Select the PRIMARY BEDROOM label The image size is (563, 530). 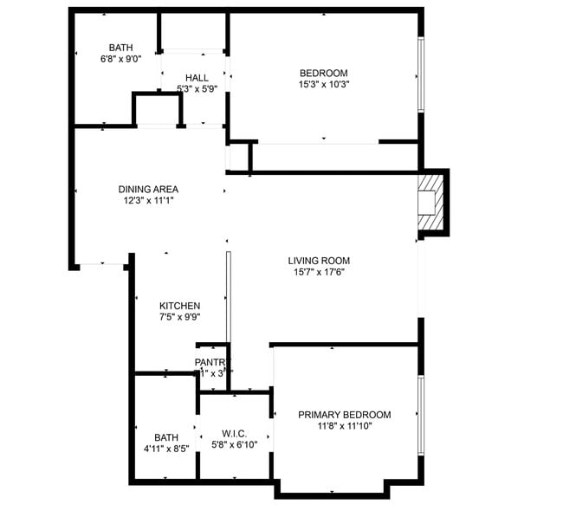click(x=345, y=415)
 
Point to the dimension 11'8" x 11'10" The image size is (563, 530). click(x=345, y=426)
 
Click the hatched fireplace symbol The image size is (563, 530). click(x=430, y=202)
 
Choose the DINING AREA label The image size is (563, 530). click(x=148, y=189)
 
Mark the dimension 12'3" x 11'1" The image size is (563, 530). click(x=148, y=201)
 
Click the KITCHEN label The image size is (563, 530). click(x=180, y=306)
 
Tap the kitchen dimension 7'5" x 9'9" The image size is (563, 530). click(x=180, y=318)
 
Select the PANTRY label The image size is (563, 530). click(x=212, y=362)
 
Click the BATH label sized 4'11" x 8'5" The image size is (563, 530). click(x=166, y=437)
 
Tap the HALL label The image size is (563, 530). click(x=197, y=78)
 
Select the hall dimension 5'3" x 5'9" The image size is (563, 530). click(x=197, y=89)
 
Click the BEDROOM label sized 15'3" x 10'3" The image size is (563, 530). click(x=324, y=73)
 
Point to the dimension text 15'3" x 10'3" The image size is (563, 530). click(x=324, y=85)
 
